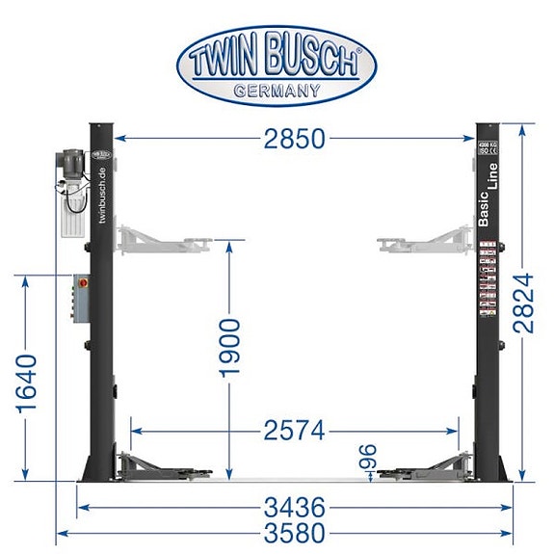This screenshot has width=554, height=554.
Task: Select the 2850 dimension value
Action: (x=294, y=140)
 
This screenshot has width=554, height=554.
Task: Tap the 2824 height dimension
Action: (x=525, y=301)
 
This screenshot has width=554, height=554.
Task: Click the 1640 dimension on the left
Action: (x=27, y=383)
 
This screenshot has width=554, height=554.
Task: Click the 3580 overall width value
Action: (x=294, y=533)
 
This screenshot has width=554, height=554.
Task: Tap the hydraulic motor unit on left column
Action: (x=74, y=191)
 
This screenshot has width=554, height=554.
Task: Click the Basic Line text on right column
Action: (x=488, y=198)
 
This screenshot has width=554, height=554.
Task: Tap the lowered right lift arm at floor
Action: (x=424, y=466)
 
